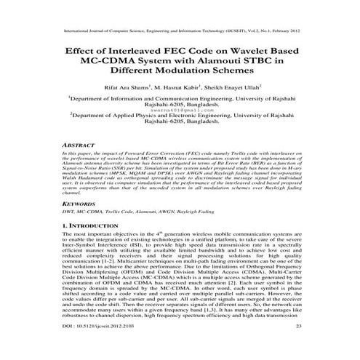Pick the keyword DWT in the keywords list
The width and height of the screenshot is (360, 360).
[69, 215]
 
